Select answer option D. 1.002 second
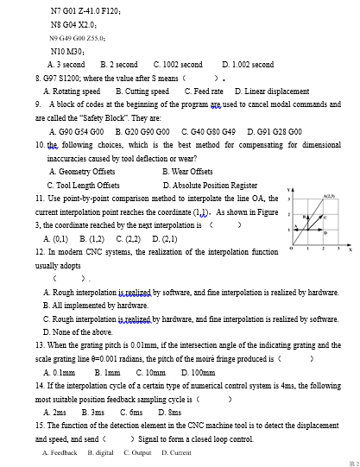coord(247,65)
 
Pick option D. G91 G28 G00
coord(273,131)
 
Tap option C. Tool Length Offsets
coord(83,185)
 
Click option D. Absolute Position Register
coord(210,185)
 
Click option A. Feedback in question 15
coord(60,452)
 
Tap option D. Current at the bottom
coord(176,452)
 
